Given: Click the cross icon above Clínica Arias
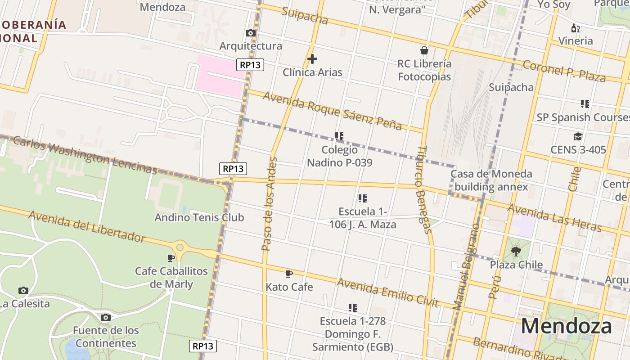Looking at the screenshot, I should click(312, 59).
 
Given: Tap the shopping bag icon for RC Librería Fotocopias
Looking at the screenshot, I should click(424, 50).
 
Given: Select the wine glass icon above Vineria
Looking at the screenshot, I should click(575, 28).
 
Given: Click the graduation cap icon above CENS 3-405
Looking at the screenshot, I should click(578, 136).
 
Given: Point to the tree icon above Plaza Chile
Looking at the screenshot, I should click(516, 252).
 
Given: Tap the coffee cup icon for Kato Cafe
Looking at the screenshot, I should click(289, 274).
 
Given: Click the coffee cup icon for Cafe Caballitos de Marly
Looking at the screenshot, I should click(171, 258).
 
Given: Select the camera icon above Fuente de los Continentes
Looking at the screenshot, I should click(105, 318).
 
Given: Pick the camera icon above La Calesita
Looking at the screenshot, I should click(23, 291).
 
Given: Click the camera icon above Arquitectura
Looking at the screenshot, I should click(251, 33).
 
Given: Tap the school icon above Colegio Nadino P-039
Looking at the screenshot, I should click(339, 136).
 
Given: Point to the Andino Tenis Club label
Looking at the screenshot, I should click(199, 217).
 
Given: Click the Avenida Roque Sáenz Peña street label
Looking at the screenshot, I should click(332, 110).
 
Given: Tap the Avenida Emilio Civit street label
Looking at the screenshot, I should click(387, 292).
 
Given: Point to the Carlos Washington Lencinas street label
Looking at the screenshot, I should click(85, 155).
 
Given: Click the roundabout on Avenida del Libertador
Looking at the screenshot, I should click(180, 247).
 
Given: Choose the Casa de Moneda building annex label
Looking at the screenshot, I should click(491, 180).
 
